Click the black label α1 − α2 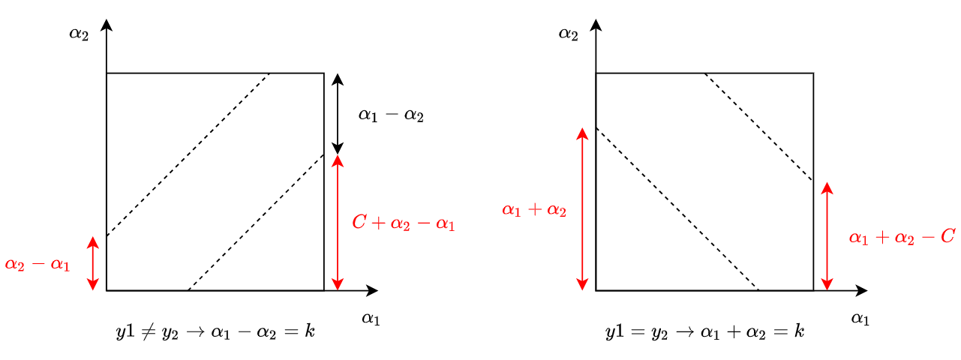(x=391, y=115)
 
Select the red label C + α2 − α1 (x=404, y=223)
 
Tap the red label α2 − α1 (x=38, y=264)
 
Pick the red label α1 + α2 (x=534, y=210)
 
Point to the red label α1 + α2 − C (x=902, y=237)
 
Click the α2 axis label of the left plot (x=79, y=34)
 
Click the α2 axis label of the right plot (x=569, y=34)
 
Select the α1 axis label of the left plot (x=371, y=319)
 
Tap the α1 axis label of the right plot (x=860, y=319)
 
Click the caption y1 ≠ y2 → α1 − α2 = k (x=215, y=331)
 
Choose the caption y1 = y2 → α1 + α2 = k (x=705, y=331)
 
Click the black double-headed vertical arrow (x=338, y=114)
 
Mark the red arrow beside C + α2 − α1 (x=338, y=223)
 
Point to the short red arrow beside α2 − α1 (x=93, y=263)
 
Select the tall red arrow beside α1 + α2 (x=582, y=209)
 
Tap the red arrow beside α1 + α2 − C (x=827, y=236)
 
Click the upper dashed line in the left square (x=188, y=155)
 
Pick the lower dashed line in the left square (x=256, y=222)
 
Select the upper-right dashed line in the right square (x=759, y=127)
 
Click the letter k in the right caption (x=799, y=331)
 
